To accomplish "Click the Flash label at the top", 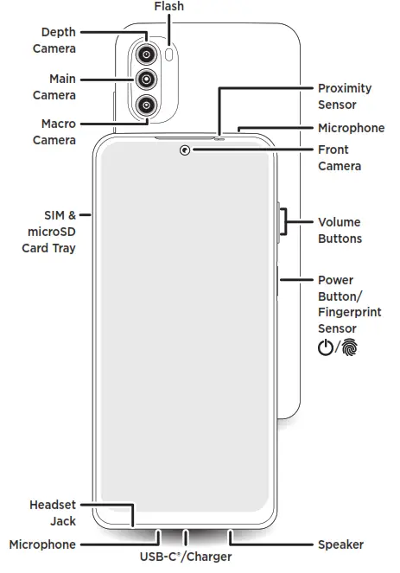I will coord(168,7).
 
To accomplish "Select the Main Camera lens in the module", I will coord(147,80).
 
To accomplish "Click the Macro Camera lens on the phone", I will coord(147,105).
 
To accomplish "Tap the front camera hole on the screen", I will coord(185,152).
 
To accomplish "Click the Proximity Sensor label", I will coord(344,96).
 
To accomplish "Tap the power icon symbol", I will coord(325,347).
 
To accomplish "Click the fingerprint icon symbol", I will coord(349,347).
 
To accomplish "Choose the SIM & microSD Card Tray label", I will coord(48,231).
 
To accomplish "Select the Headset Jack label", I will coord(53,513).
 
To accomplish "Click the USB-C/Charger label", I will coord(186,557).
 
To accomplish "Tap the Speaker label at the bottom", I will coord(340,544).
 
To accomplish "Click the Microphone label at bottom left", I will coord(42,544).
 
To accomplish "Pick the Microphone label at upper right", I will coord(351,128).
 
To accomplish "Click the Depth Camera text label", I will coord(54,40).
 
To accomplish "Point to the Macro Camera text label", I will coord(54,131).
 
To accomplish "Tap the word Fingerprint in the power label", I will coord(349,312).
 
